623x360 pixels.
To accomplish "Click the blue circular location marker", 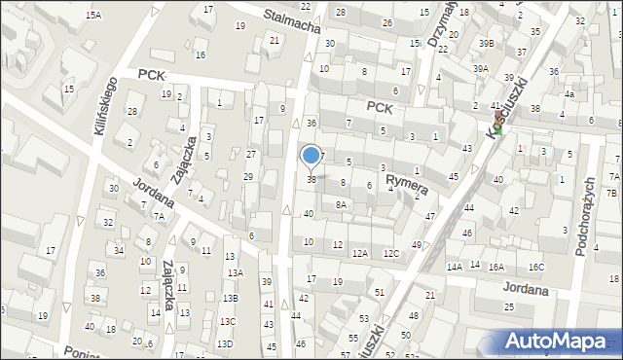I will click(311, 155).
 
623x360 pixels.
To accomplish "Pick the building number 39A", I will click(481, 69).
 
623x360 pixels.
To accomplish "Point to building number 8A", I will click(341, 204).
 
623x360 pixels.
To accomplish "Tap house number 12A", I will click(360, 254).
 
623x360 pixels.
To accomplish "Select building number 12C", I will click(391, 254).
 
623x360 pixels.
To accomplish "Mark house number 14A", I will click(454, 267).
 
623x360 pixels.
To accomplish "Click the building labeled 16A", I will click(496, 267).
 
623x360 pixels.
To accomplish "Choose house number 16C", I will click(537, 267).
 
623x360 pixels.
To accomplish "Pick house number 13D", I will click(225, 343).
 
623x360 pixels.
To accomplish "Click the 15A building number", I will click(93, 16).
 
